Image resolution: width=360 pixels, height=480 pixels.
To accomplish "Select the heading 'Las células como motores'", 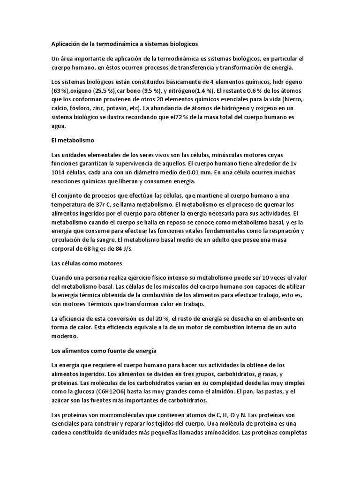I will pyautogui.click(x=86, y=263).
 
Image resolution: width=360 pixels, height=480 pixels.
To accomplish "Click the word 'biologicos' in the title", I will pyautogui.click(x=182, y=44).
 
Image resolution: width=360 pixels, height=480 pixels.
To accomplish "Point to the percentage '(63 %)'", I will pyautogui.click(x=61, y=90).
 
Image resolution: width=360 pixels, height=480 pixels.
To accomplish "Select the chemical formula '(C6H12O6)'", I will pyautogui.click(x=116, y=391).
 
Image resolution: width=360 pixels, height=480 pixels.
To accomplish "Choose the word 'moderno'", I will pyautogui.click(x=64, y=336).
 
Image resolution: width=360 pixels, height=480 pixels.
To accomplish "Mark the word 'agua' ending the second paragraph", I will pyautogui.click(x=59, y=126).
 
